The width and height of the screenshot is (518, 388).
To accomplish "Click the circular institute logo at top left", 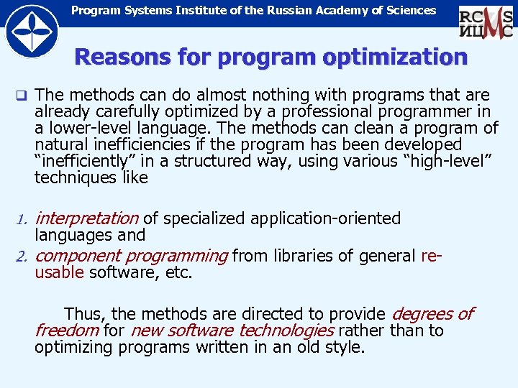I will [31, 30].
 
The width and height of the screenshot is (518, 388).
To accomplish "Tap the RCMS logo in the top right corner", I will [486, 22].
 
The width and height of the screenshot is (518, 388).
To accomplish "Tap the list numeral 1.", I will [22, 219].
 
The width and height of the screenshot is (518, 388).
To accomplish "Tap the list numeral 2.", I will [22, 257].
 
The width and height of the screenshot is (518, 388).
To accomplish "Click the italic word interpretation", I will [86, 218].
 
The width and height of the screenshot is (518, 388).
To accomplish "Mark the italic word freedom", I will [67, 331].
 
